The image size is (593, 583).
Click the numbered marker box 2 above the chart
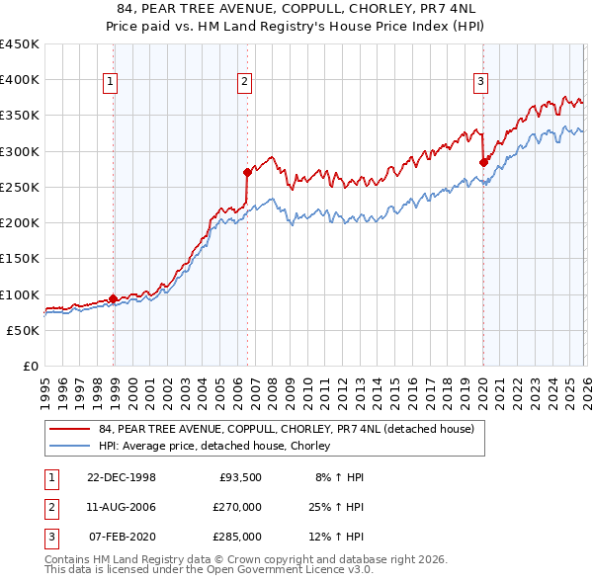244,82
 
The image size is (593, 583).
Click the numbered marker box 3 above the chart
480,82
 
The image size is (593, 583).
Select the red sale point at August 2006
247,172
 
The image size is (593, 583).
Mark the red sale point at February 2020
483,162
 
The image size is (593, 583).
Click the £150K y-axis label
20,259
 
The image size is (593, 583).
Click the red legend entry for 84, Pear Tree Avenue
287,429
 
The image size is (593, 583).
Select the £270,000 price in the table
238,507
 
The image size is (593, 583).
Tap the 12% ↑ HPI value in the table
337,537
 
